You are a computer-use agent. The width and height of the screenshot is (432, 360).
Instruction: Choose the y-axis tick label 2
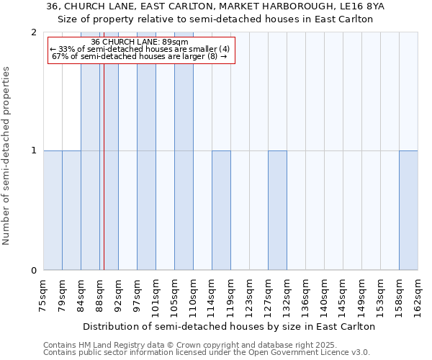tap(34, 32)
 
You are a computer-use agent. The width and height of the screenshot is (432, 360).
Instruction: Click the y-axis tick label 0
tap(34, 271)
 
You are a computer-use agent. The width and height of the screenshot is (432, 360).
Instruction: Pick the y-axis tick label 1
tap(34, 151)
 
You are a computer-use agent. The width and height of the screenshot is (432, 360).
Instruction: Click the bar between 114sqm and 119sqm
tap(221, 210)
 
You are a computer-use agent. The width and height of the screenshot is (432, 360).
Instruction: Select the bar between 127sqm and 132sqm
tap(277, 210)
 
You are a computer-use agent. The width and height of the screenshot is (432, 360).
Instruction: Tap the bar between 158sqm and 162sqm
tap(408, 210)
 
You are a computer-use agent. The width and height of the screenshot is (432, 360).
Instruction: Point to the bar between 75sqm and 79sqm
tap(53, 210)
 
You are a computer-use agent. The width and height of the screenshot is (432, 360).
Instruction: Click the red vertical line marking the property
tap(104, 180)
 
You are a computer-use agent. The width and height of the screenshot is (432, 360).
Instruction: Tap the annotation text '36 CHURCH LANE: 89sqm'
tap(140, 42)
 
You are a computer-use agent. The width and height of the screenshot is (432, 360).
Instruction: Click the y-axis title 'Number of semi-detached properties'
tap(7, 156)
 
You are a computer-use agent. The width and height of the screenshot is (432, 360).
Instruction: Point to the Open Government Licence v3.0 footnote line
tap(207, 353)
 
